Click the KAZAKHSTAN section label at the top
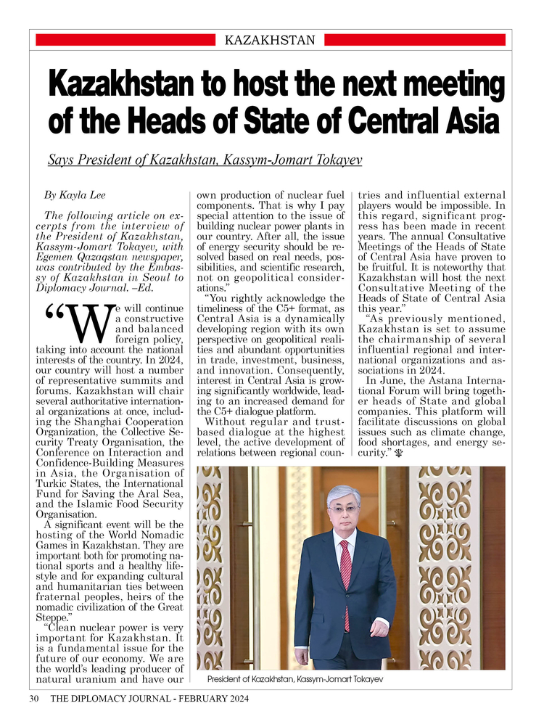point(270,40)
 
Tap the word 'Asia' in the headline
point(468,120)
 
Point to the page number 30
point(33,699)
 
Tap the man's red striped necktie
point(345,573)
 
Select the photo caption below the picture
point(294,678)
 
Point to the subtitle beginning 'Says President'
point(205,159)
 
